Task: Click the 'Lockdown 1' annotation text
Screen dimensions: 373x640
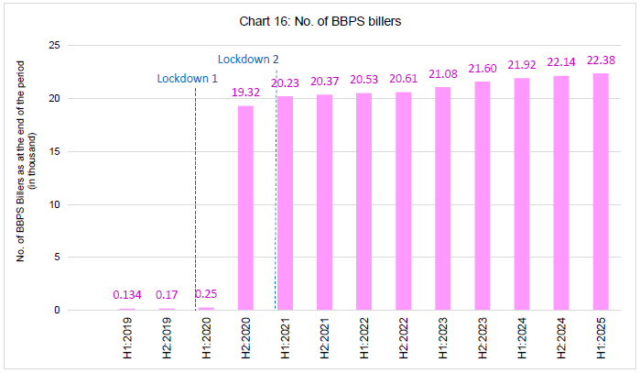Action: point(187,79)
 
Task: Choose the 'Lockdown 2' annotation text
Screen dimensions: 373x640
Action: point(248,59)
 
